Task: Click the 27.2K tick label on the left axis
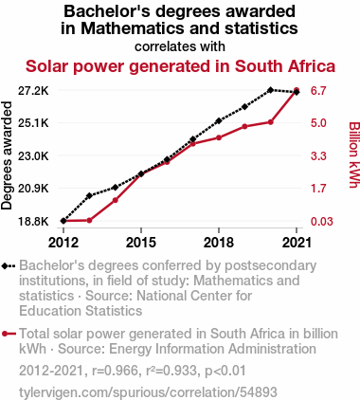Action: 33,91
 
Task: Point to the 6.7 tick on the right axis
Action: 318,91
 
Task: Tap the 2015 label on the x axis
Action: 141,243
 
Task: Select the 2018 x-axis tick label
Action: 219,243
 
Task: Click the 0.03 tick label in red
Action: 321,221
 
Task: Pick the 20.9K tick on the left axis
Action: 33,189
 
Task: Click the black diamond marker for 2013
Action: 89,195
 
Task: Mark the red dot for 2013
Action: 89,220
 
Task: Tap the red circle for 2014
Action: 116,200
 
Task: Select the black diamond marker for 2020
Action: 270,90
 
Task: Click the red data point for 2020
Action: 270,122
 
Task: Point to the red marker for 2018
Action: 219,137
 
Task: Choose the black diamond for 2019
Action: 244,107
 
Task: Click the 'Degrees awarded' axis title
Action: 7,155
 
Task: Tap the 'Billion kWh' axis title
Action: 353,155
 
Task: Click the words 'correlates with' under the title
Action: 180,46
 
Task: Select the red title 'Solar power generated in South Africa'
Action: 180,66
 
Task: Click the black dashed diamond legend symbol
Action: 9,266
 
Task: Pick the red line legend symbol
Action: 9,334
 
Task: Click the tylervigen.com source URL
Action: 148,392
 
